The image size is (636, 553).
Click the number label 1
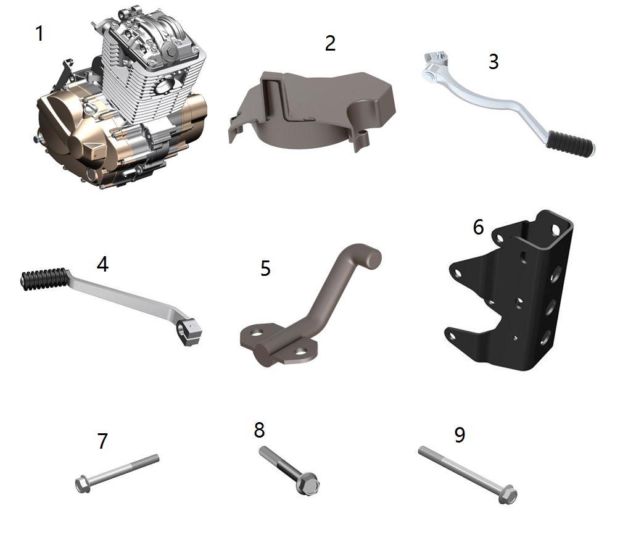tap(39, 33)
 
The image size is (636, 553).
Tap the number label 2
tap(330, 43)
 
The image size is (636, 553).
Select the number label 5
tap(265, 268)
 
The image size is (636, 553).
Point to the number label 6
tap(478, 227)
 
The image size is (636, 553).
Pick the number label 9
tap(460, 435)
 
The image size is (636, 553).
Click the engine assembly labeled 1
tap(122, 101)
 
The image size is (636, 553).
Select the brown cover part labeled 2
tap(310, 109)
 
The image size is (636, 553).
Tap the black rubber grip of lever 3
tap(570, 143)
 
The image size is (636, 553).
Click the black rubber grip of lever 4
tap(44, 279)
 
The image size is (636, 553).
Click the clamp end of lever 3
tap(434, 65)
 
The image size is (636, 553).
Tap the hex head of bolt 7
tap(83, 484)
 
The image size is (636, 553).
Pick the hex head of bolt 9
tap(507, 495)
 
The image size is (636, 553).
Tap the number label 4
tap(102, 264)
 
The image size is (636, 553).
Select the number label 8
tap(259, 430)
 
